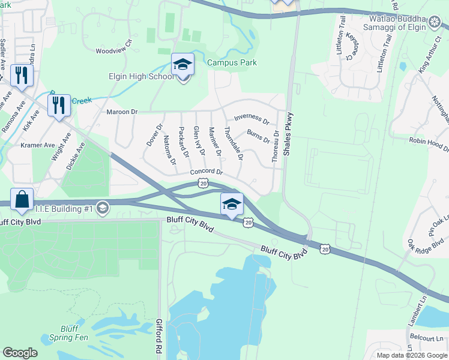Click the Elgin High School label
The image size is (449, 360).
tap(140, 76)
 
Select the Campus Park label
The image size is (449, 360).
tap(232, 62)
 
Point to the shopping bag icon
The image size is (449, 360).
tap(22, 199)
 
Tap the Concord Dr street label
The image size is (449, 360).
tap(206, 172)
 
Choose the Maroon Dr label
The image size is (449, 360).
tap(122, 112)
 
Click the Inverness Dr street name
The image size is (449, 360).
tap(251, 118)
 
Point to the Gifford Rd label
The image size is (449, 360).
tap(160, 339)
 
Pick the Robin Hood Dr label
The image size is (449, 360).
tap(429, 145)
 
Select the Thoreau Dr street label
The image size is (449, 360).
tap(275, 147)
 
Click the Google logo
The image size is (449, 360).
tap(20, 353)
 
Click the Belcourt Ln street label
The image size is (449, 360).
tap(428, 339)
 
